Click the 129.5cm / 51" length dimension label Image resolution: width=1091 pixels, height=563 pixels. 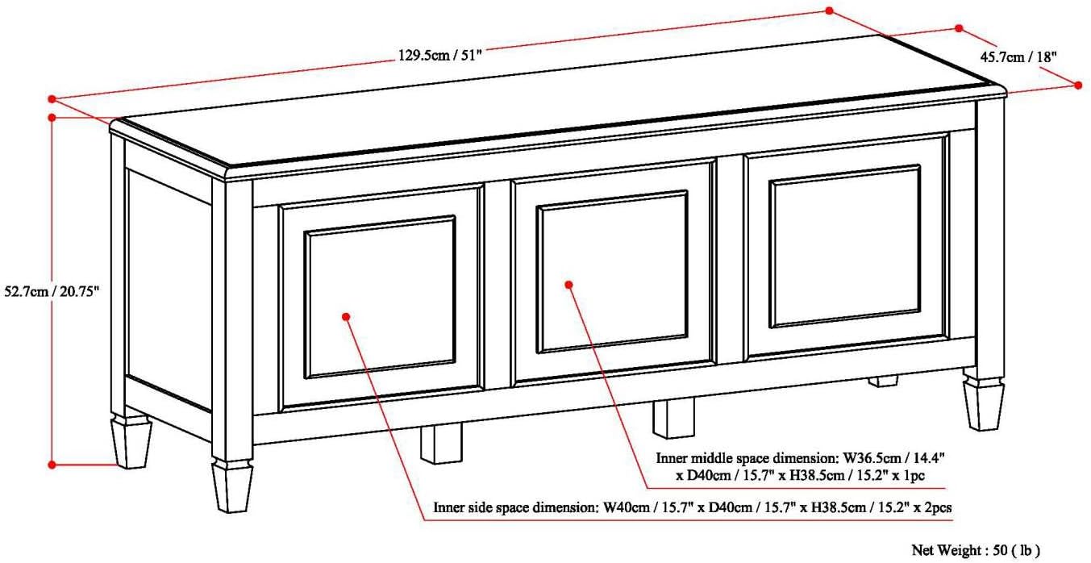point(439,55)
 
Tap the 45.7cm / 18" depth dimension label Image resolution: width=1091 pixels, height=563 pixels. point(1018,57)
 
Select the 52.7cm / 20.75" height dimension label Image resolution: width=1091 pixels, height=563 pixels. point(52,291)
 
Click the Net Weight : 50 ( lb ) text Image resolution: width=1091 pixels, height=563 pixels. point(976,550)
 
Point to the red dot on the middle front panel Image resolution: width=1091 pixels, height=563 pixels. point(568,285)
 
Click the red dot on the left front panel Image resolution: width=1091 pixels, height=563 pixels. point(346,316)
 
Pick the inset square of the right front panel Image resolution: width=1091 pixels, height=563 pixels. point(845,247)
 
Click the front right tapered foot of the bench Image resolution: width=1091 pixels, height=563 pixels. point(984,404)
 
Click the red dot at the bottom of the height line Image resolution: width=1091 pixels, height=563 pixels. point(52,465)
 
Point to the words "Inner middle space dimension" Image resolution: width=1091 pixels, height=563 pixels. point(746,458)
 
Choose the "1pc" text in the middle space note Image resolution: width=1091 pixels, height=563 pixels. point(914,475)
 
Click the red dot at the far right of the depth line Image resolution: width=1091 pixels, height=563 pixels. point(1078,85)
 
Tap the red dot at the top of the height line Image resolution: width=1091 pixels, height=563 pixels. point(52,118)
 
